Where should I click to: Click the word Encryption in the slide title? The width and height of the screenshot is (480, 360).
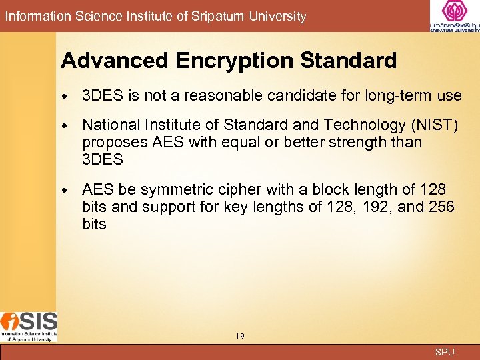pos(235,61)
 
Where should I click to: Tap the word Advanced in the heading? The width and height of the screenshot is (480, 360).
pos(115,61)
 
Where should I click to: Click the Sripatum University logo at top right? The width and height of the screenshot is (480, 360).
pos(455,16)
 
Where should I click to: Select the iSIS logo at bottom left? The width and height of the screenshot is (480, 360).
pos(29,327)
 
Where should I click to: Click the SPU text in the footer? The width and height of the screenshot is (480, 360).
pos(445,352)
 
